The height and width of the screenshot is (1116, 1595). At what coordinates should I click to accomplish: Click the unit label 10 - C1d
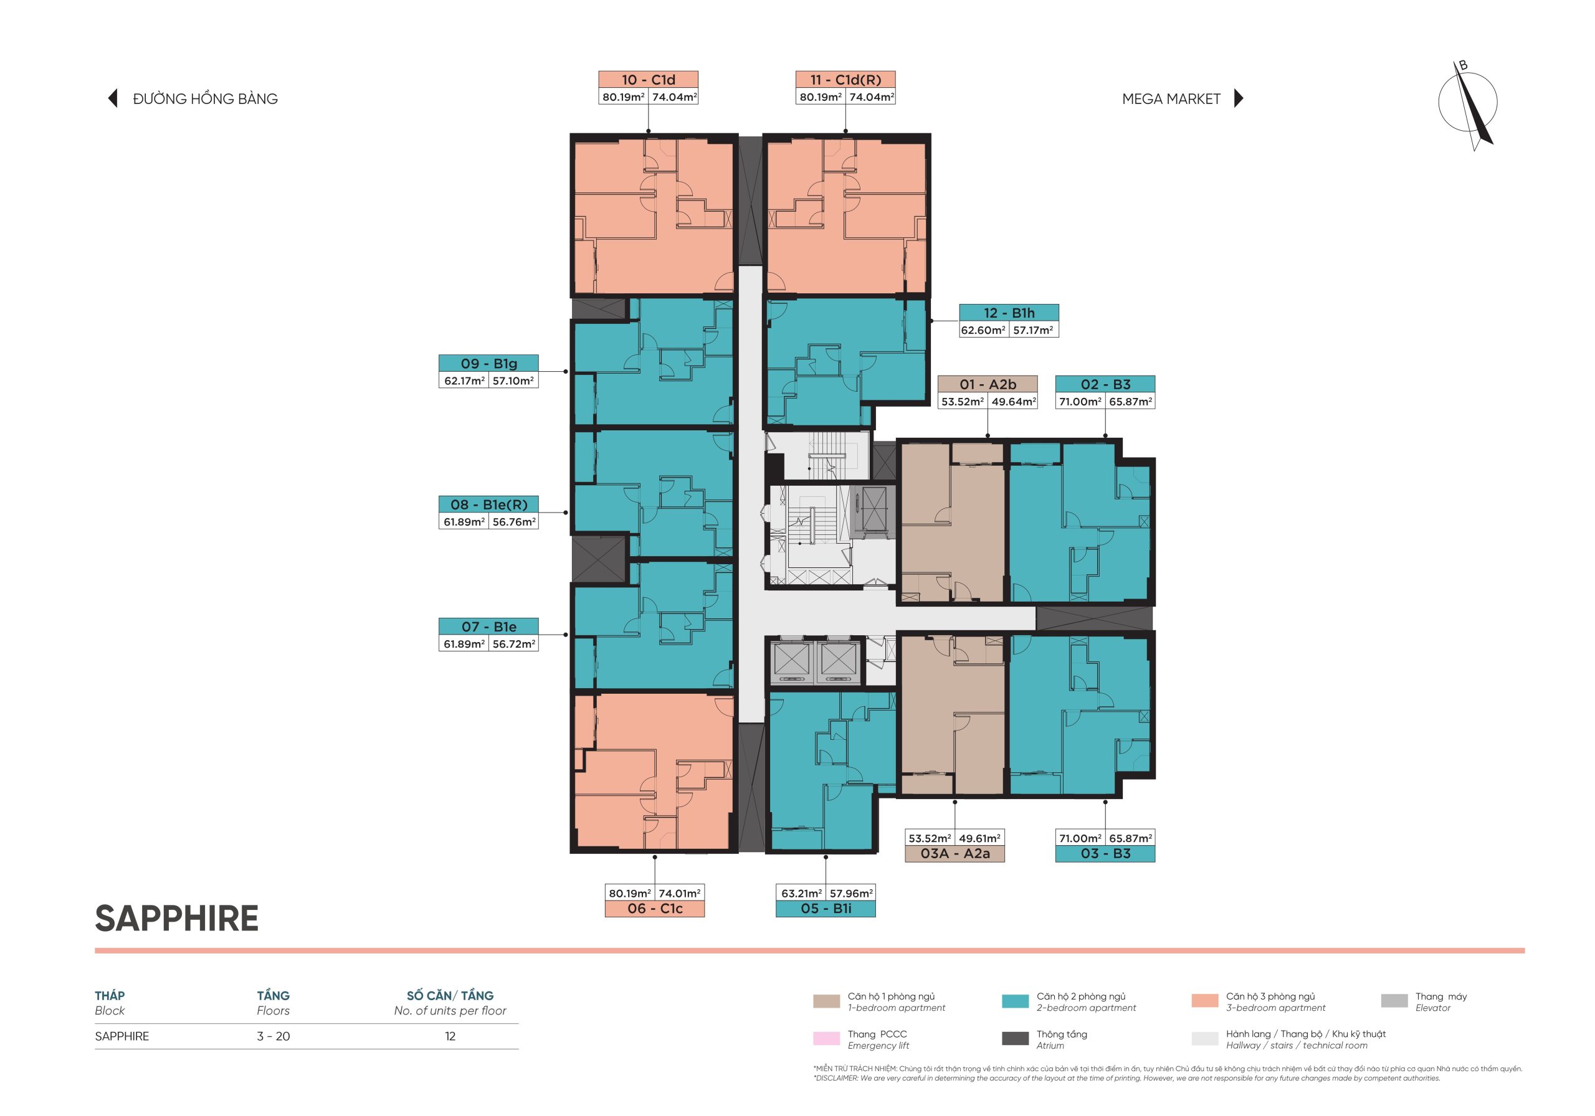[x=648, y=80]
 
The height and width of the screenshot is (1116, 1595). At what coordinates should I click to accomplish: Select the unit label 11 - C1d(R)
[x=845, y=80]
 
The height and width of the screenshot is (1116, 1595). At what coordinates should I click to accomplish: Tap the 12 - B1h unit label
[x=1009, y=313]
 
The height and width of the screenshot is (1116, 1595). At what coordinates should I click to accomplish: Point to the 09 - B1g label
[x=488, y=363]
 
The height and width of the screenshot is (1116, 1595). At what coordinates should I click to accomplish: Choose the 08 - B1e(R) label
[x=488, y=504]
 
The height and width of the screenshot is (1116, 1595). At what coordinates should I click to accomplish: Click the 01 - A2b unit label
[x=988, y=384]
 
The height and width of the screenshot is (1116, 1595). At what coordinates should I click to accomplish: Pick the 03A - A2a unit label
[x=955, y=853]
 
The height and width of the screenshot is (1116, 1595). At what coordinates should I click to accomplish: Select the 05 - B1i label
[x=826, y=909]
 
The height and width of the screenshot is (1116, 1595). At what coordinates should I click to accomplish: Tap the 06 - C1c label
[x=654, y=909]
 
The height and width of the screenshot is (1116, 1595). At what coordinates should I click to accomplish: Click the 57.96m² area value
[x=850, y=893]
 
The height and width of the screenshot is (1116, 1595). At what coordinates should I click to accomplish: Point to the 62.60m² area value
[x=983, y=330]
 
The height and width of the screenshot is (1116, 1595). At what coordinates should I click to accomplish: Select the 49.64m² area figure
[x=1014, y=402]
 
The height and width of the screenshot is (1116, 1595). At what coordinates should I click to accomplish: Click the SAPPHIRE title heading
[x=176, y=918]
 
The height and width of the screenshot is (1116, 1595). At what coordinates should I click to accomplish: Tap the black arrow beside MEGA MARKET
[x=1239, y=98]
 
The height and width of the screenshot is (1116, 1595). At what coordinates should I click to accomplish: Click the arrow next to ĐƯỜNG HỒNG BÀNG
[x=113, y=98]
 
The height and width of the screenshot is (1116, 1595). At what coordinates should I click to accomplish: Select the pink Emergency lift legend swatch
[x=826, y=1038]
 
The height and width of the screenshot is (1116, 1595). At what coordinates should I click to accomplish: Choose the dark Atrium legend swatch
[x=1015, y=1038]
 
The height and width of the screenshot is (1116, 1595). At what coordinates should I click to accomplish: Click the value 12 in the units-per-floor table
[x=450, y=1036]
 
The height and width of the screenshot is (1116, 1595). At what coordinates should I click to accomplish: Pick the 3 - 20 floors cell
[x=273, y=1036]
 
